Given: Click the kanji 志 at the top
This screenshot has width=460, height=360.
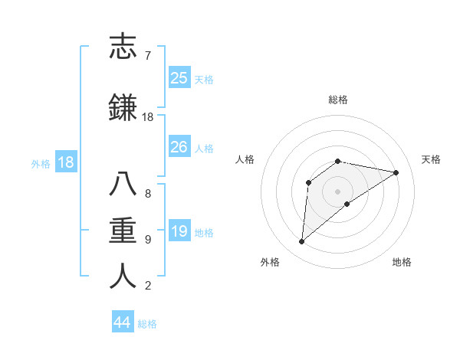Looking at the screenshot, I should click(123, 47).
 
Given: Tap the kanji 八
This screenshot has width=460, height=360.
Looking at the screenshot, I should click(123, 185).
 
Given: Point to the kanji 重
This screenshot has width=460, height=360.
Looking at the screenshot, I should click(123, 231).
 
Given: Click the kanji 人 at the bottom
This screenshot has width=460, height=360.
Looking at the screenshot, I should click(123, 277).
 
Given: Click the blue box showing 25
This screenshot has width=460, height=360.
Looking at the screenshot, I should click(179, 78).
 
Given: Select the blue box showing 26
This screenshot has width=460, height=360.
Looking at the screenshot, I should click(179, 147).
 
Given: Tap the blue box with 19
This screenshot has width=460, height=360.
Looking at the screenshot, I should click(179, 231).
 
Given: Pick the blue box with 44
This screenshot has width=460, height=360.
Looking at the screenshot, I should click(123, 322).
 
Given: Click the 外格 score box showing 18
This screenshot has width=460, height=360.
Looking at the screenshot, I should click(65, 162).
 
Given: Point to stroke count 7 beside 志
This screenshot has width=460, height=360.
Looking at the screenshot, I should click(147, 56).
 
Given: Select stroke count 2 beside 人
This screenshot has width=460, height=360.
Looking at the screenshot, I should click(147, 286).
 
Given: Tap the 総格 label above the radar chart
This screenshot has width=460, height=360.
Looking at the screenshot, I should click(337, 100).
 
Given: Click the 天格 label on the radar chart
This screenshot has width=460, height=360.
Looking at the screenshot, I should click(431, 159).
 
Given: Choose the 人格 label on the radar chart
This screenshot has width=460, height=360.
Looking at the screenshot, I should click(245, 159).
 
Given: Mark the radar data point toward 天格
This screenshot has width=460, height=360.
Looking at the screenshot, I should click(396, 172).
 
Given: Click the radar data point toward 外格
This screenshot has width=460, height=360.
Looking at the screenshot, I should click(301, 242).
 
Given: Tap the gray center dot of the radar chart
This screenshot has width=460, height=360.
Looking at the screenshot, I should click(337, 191).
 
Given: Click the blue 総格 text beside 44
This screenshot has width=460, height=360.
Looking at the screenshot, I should click(147, 324).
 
